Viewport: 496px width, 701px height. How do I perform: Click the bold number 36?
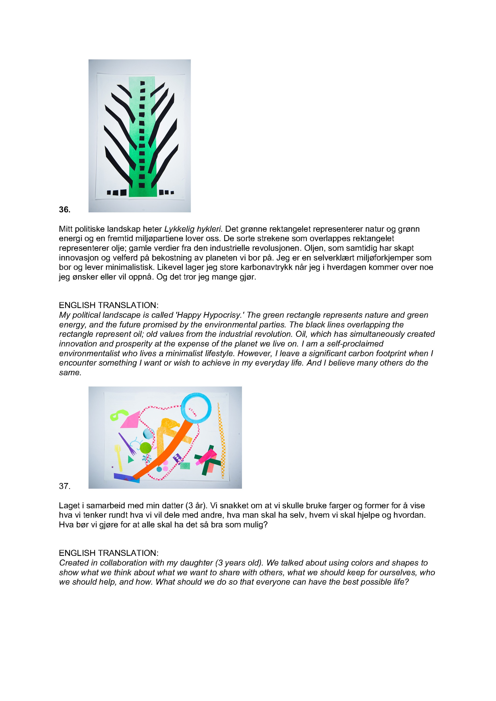[x=64, y=210]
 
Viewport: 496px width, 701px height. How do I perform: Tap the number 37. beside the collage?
[x=64, y=486]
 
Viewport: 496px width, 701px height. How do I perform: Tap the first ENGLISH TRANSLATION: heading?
[x=109, y=305]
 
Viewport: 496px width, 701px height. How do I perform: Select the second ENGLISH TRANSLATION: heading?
[x=109, y=553]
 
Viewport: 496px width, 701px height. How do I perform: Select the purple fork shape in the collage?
[x=127, y=444]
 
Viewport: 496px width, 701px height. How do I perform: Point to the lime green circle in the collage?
[x=146, y=447]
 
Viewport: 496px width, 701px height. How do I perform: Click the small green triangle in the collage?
[x=130, y=459]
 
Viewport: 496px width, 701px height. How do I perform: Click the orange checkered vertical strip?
[x=222, y=442]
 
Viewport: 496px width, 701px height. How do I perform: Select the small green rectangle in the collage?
[x=185, y=466]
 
